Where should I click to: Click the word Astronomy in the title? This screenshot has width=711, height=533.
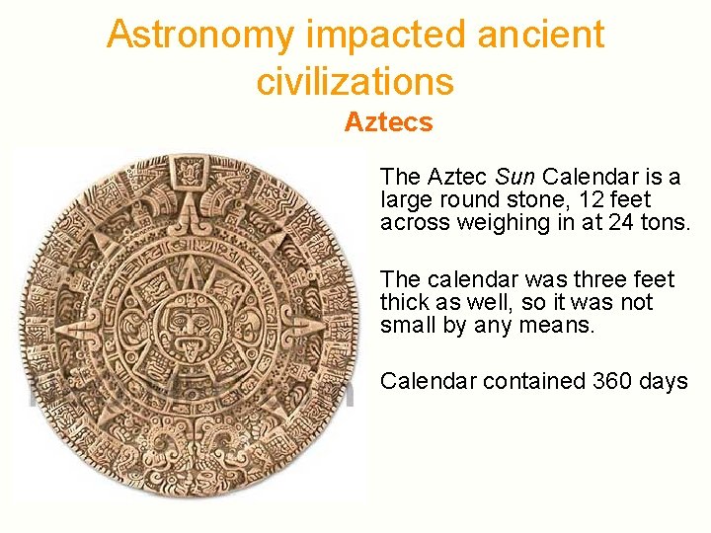pyautogui.click(x=200, y=35)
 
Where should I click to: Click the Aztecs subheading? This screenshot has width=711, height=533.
pyautogui.click(x=388, y=122)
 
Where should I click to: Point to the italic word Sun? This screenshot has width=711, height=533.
pyautogui.click(x=514, y=178)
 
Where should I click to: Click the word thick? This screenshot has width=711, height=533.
pyautogui.click(x=405, y=303)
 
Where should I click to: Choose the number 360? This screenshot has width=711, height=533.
pyautogui.click(x=612, y=381)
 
